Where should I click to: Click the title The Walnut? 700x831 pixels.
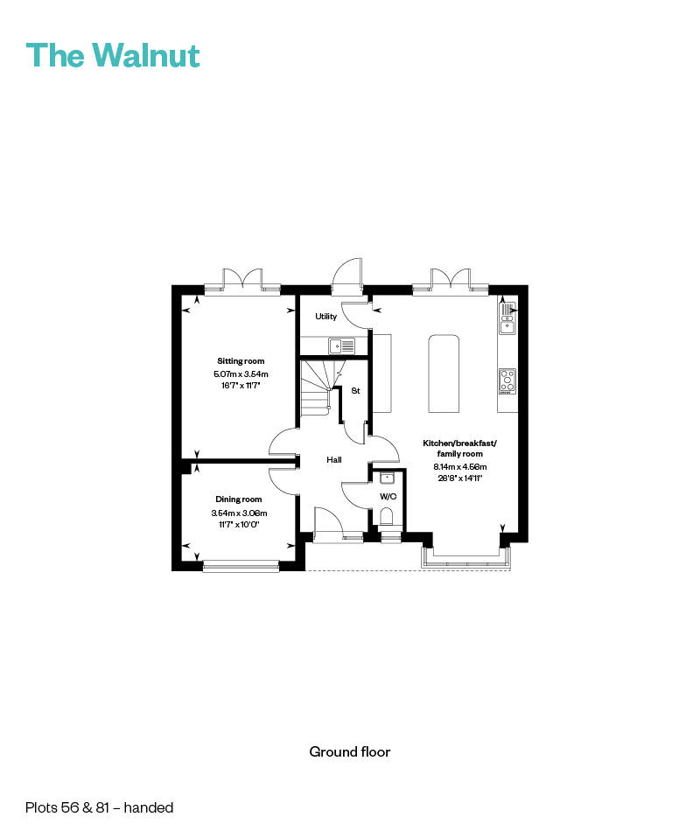click(x=113, y=55)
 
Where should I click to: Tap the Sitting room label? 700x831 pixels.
click(x=241, y=360)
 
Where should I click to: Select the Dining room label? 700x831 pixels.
click(x=239, y=499)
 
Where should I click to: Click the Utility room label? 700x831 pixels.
click(x=325, y=317)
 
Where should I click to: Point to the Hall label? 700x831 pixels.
click(x=334, y=460)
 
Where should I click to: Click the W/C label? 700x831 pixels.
click(x=388, y=497)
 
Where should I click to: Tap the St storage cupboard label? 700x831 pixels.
click(x=355, y=391)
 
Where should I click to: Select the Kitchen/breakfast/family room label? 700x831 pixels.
click(x=459, y=449)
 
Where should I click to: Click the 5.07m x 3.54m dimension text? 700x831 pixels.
click(x=241, y=374)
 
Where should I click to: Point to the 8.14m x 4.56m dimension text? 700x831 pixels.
click(x=459, y=467)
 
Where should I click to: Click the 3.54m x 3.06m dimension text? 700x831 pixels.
click(x=239, y=513)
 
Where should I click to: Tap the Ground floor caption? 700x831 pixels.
click(x=349, y=751)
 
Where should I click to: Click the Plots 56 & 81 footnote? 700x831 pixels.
click(x=100, y=807)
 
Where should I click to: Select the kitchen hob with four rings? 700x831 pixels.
click(x=507, y=380)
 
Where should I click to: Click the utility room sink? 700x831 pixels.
click(x=341, y=346)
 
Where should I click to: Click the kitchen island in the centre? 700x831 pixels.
click(x=444, y=374)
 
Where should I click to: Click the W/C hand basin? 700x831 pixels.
click(x=387, y=478)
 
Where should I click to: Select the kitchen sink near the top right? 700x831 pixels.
click(x=507, y=319)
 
